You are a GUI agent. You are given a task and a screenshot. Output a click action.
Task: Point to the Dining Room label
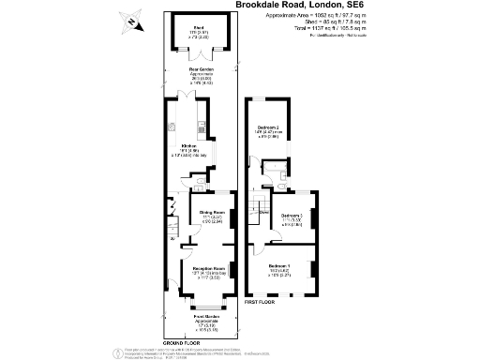tap(213, 212)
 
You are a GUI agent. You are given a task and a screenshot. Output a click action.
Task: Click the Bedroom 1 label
tap(279, 267)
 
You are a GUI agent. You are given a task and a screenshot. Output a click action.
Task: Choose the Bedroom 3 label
tap(293, 216)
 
